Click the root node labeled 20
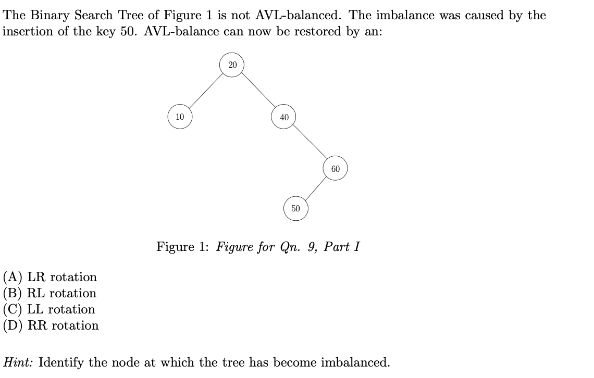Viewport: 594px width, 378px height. [x=232, y=65]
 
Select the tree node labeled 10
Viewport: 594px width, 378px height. [x=180, y=117]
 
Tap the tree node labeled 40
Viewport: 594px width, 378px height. [x=284, y=117]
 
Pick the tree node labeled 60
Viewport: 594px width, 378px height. [x=335, y=169]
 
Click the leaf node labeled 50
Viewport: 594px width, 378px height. [x=295, y=208]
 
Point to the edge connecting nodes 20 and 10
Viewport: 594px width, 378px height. [x=206, y=91]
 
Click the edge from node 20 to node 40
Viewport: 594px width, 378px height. [x=258, y=91]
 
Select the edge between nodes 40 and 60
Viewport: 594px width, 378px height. [x=310, y=143]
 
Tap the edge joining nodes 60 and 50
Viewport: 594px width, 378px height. [x=316, y=188]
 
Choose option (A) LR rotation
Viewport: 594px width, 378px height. [x=50, y=277]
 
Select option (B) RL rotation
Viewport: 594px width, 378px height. [x=50, y=293]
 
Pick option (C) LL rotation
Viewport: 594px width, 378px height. [x=49, y=309]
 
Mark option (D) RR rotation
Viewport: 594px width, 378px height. [x=51, y=325]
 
